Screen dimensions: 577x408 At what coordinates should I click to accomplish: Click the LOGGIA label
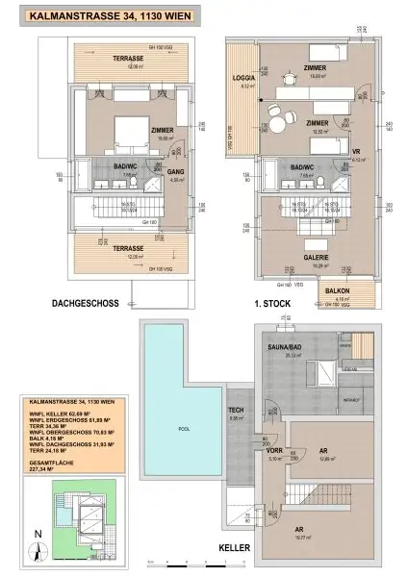point(243,77)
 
